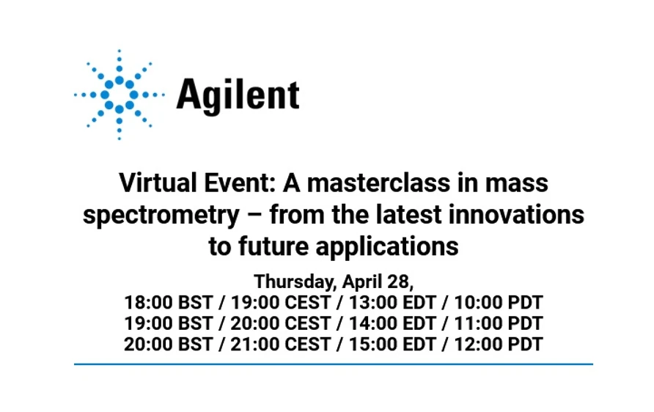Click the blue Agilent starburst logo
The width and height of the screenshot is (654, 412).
pos(119,95)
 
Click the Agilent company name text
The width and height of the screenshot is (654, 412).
pos(238,95)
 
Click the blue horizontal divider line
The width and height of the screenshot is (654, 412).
pos(333,364)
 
